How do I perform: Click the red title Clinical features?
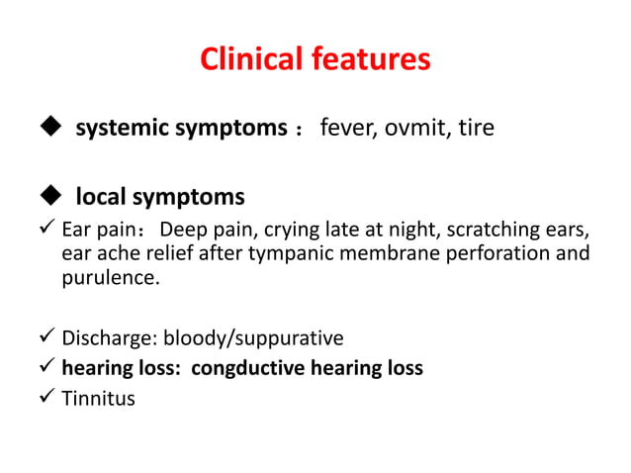point(315,59)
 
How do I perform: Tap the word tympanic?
point(295,255)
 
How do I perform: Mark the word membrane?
point(384,255)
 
